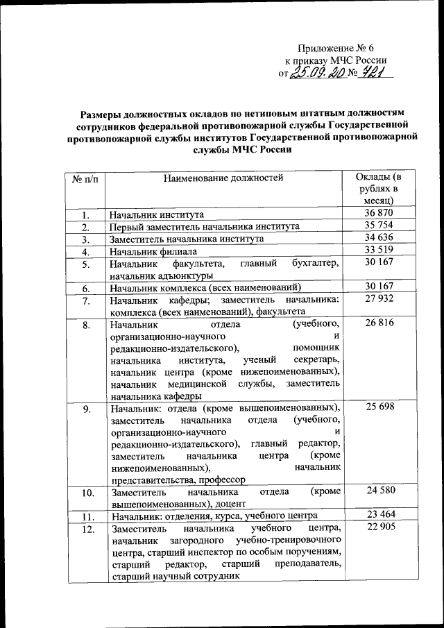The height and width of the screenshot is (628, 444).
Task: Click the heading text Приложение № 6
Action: (x=336, y=48)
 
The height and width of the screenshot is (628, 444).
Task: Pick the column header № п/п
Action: (x=84, y=178)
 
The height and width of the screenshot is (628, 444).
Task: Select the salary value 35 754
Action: (x=378, y=226)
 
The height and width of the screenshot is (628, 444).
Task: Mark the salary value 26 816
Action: (x=378, y=324)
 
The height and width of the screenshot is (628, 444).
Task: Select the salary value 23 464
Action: (x=378, y=516)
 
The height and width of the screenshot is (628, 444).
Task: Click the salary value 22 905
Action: (x=378, y=529)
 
